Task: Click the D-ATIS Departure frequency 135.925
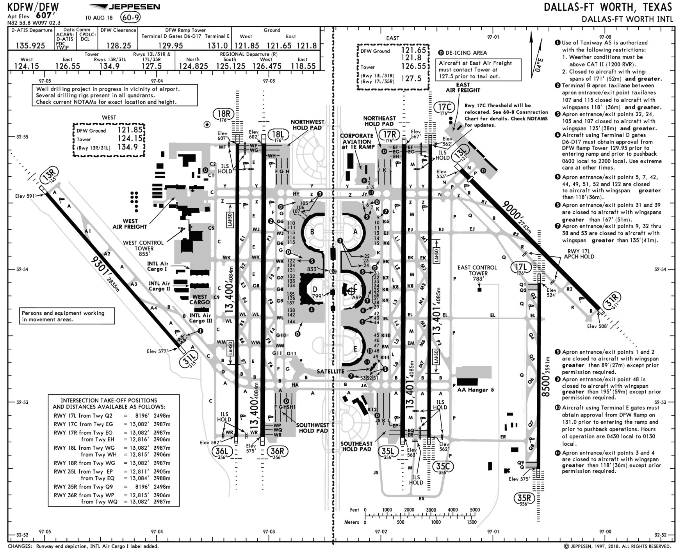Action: click(30, 45)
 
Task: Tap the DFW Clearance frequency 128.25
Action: click(118, 45)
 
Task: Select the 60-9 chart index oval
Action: click(130, 18)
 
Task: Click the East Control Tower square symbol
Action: click(479, 289)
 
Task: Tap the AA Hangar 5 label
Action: click(475, 390)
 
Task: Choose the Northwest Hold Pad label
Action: click(307, 125)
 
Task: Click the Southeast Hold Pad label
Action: click(356, 446)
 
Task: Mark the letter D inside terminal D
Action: click(315, 289)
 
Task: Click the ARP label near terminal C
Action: click(356, 298)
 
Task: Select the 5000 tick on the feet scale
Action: click(474, 510)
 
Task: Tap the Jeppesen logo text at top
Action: click(134, 7)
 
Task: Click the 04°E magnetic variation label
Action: click(539, 64)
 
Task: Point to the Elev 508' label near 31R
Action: click(597, 326)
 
